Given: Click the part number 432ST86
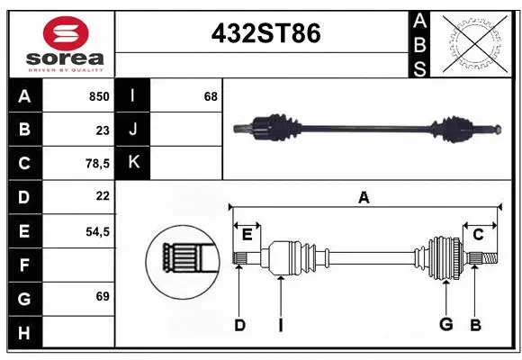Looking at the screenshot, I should (x=265, y=33).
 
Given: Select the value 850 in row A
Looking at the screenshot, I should (x=98, y=96).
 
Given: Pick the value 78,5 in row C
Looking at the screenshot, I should (x=96, y=164).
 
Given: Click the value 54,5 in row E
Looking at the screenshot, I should (x=96, y=231).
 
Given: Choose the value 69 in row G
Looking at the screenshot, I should (x=102, y=296).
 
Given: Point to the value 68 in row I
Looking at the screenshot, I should (x=211, y=96).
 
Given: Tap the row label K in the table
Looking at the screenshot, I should (x=133, y=163).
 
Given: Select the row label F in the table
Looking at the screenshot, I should (x=23, y=265).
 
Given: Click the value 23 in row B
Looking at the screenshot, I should (x=102, y=130).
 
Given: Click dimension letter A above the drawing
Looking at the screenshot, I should (x=364, y=197).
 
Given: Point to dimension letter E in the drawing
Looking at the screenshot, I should (x=247, y=235).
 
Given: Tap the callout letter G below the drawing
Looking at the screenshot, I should (x=445, y=325).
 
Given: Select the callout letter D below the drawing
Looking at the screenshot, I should (x=239, y=325).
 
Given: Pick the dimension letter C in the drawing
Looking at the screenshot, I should (x=478, y=235).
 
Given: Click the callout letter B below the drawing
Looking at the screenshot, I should (x=475, y=325).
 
